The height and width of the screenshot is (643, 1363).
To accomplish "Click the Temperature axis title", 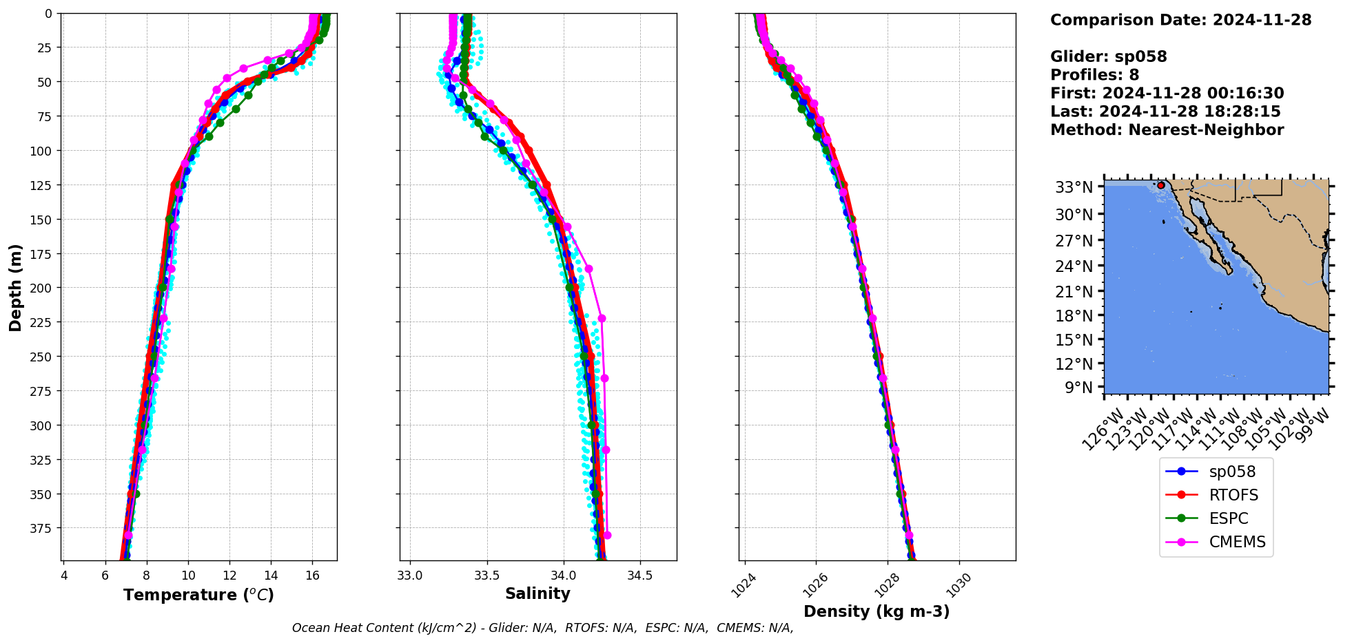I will click(x=198, y=595).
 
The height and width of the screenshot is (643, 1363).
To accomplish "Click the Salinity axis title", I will click(x=537, y=594).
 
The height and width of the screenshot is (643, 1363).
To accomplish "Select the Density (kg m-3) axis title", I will click(x=877, y=611).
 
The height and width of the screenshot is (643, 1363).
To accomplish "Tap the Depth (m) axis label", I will click(x=15, y=287).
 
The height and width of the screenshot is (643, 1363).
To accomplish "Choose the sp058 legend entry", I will click(x=1232, y=472).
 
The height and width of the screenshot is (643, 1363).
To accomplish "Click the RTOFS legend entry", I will click(x=1233, y=495).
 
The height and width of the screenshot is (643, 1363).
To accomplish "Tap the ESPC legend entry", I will click(x=1229, y=518).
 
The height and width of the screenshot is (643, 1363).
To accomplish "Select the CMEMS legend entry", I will click(x=1237, y=542).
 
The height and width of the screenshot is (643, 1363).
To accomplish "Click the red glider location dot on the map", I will click(x=1161, y=185).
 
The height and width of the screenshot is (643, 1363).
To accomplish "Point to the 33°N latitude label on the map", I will click(x=1074, y=187).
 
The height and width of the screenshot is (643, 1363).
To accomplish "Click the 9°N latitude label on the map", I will click(x=1079, y=388).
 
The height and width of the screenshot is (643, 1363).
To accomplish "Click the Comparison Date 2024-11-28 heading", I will click(x=1180, y=20).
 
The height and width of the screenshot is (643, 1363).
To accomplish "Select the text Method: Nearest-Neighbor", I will click(x=1167, y=130).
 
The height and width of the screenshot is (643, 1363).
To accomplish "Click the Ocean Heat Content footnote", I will click(x=542, y=628).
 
